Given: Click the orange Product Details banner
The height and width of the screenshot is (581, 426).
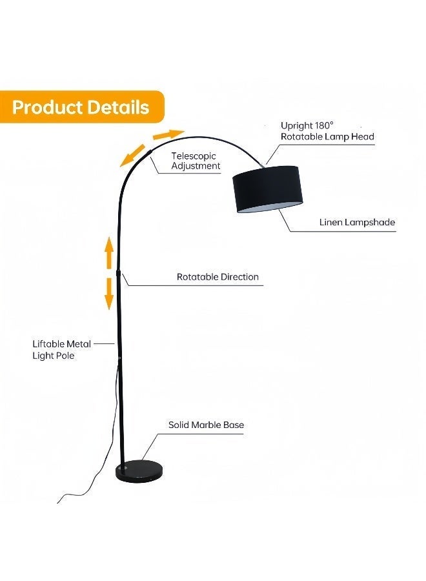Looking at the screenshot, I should (81, 107).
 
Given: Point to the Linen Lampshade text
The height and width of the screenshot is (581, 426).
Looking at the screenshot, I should (357, 222).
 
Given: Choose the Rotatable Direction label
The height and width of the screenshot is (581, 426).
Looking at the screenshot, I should (218, 277).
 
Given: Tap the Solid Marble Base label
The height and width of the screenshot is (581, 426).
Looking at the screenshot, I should (206, 425).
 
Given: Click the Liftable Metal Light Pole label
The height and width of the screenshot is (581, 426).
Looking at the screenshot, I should (62, 349).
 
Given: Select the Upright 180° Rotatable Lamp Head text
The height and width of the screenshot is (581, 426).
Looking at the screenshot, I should (327, 130).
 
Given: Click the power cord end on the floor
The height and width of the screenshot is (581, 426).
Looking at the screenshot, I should (59, 501).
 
